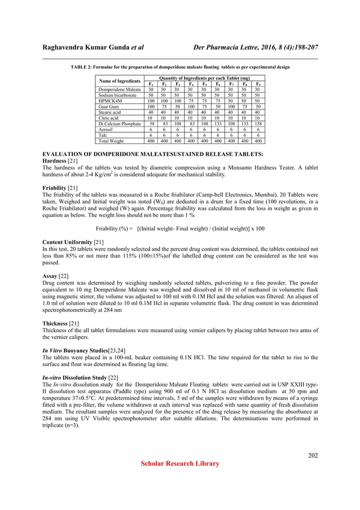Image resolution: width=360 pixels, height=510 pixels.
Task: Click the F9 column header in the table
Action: [257, 84]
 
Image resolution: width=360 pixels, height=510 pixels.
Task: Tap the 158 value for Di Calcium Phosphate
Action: [257, 123]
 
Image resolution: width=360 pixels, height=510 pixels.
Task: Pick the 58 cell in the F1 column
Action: [151, 123]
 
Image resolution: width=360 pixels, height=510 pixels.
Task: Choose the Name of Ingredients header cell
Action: [119, 81]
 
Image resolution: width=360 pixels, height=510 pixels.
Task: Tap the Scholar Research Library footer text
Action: [179, 464]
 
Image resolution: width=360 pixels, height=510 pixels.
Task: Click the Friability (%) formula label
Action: [115, 228]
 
